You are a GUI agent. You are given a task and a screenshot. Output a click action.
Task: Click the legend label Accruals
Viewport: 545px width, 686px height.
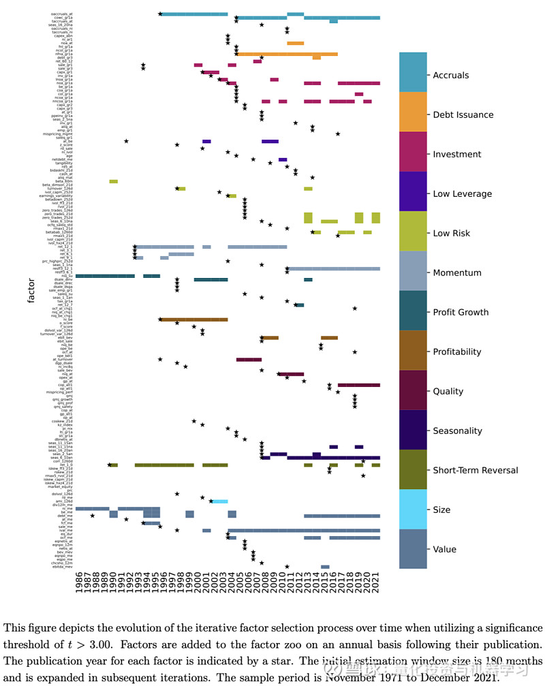pos(450,76)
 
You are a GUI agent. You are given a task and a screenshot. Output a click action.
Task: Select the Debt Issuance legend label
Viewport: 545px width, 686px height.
pos(463,115)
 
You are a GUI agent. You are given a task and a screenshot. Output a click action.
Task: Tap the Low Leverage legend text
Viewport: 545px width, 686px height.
pos(462,194)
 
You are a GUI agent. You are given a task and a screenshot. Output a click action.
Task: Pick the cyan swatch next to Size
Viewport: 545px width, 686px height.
pos(413,509)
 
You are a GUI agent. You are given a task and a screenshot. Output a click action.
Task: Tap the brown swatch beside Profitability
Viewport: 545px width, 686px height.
pos(413,350)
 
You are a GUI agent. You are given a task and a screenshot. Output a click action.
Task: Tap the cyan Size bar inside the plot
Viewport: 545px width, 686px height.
pos(219,501)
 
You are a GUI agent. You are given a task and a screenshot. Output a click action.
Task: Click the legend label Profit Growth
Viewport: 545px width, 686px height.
pos(461,313)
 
